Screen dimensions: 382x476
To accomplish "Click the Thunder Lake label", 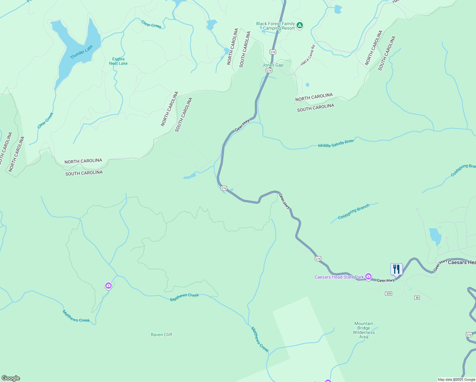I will pos(81,52).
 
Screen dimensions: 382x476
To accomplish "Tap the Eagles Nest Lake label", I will pos(118,61).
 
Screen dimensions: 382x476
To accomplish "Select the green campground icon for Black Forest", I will pos(299,25).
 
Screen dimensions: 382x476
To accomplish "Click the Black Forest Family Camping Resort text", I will pos(276,26).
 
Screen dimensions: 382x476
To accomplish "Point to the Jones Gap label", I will pos(273,65).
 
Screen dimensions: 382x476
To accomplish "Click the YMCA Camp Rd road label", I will pos(308,56).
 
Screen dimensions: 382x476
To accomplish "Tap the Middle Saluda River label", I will pos(336,144).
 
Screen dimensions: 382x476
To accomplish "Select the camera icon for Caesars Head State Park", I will pos(368,277).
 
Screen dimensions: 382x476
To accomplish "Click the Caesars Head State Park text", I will pos(339,277).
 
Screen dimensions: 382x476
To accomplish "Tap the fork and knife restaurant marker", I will pos(396,269).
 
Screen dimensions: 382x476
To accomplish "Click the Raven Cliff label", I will pos(161,335).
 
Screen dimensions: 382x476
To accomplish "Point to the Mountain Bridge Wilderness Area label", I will pos(364,330).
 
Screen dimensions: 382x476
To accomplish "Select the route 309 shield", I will pos(388,293).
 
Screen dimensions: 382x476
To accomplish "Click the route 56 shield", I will pos(417,297).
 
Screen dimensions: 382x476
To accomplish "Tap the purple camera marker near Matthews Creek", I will pos(108,286).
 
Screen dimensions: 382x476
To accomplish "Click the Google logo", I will pos(11,378).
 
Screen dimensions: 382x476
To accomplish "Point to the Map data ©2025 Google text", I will pos(456,379).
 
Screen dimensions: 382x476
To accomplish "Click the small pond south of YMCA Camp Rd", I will pos(307,85).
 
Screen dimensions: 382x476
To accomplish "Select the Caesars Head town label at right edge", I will pos(462,262).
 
